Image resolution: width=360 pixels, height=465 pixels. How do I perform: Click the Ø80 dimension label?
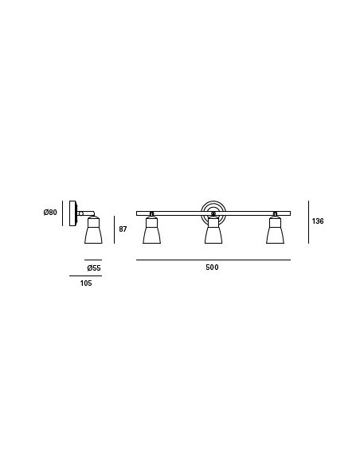tap(50, 213)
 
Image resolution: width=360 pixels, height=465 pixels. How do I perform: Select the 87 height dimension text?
tap(123, 229)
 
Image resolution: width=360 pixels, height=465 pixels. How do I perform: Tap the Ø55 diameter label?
tap(94, 268)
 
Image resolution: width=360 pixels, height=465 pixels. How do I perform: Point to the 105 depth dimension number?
tap(86, 283)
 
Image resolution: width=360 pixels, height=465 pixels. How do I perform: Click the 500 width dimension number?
tap(212, 268)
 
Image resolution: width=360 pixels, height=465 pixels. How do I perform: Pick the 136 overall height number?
tap(318, 221)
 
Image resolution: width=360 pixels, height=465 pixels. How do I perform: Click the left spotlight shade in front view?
tap(151, 230)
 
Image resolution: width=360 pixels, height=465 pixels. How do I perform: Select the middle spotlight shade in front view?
tap(213, 230)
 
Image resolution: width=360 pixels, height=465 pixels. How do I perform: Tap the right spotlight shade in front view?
tap(275, 230)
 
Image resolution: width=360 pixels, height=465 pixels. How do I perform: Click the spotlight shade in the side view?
tap(93, 230)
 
